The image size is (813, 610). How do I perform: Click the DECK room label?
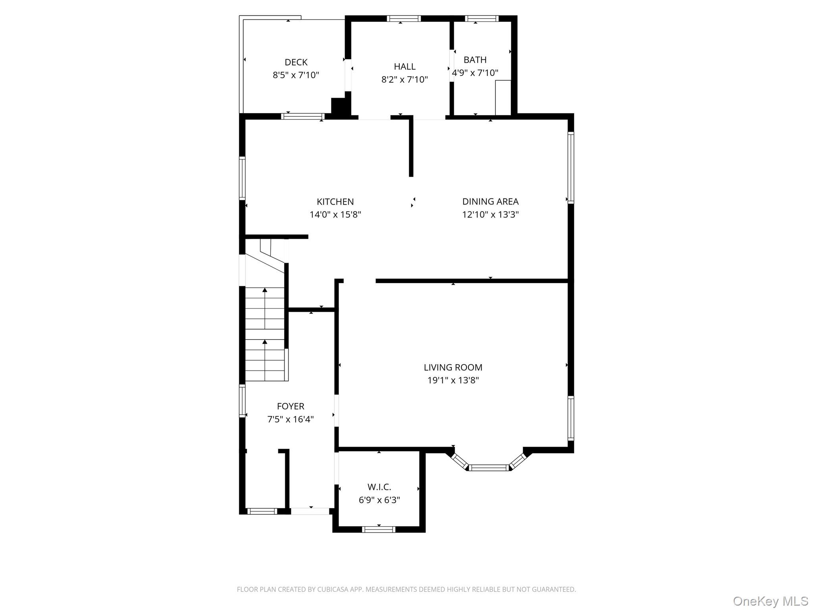(296, 62)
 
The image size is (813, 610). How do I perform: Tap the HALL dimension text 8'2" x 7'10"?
(405, 79)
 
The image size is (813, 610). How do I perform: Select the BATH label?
(475, 60)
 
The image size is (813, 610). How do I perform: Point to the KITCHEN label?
(335, 202)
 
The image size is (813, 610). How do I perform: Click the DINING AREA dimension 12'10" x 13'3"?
(490, 214)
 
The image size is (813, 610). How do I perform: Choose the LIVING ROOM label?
(453, 368)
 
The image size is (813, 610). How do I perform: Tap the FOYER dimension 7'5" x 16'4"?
(291, 419)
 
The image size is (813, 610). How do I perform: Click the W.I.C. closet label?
(379, 487)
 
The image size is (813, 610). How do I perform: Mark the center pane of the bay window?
(489, 468)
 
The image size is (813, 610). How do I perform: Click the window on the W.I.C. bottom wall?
(379, 529)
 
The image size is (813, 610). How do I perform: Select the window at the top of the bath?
(481, 18)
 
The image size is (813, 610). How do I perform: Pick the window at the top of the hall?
(404, 18)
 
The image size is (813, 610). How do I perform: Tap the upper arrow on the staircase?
(265, 290)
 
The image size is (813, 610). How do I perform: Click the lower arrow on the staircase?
(265, 342)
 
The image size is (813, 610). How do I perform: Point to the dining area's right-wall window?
(571, 168)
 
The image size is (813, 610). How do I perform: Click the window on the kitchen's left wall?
(242, 178)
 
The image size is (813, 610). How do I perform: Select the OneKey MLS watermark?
(770, 601)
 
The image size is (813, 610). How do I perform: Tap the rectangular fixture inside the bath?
(503, 97)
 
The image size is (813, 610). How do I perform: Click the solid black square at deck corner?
(339, 106)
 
